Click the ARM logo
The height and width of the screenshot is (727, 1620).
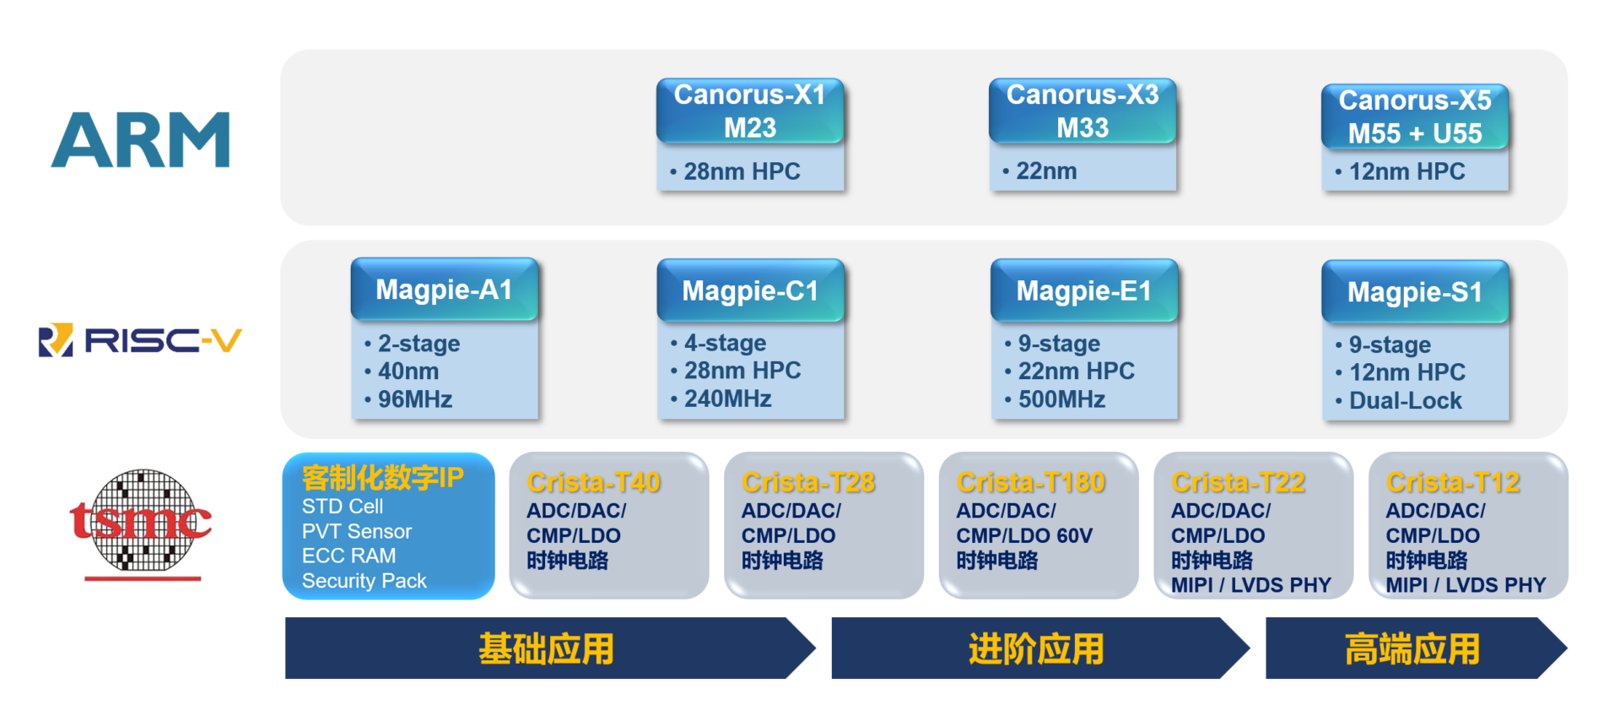point(141,140)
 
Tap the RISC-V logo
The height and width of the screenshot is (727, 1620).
point(141,340)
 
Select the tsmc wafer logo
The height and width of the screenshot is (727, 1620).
point(141,522)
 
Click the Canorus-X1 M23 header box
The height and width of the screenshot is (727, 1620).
point(749,111)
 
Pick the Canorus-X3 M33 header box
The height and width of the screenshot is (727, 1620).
point(1083,111)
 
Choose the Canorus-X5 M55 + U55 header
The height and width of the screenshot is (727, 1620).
point(1415,117)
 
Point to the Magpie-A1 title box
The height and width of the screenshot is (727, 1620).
point(444,290)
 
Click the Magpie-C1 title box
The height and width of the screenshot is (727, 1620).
point(750,290)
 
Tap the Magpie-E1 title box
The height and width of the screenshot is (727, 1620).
point(1083,290)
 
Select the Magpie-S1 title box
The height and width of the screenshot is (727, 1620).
point(1415,292)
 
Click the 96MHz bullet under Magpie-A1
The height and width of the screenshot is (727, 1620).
point(414,399)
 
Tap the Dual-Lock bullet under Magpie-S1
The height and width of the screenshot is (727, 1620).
point(1405,401)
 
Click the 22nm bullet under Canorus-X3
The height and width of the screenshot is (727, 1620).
point(1046,171)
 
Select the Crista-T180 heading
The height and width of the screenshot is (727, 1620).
point(1030,482)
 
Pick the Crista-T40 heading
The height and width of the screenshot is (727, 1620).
point(593,482)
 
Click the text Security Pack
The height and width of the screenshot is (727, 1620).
point(364,581)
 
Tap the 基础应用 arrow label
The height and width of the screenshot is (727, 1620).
point(546,649)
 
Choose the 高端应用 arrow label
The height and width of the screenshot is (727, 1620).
point(1412,649)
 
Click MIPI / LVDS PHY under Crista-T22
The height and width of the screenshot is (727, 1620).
point(1250,585)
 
